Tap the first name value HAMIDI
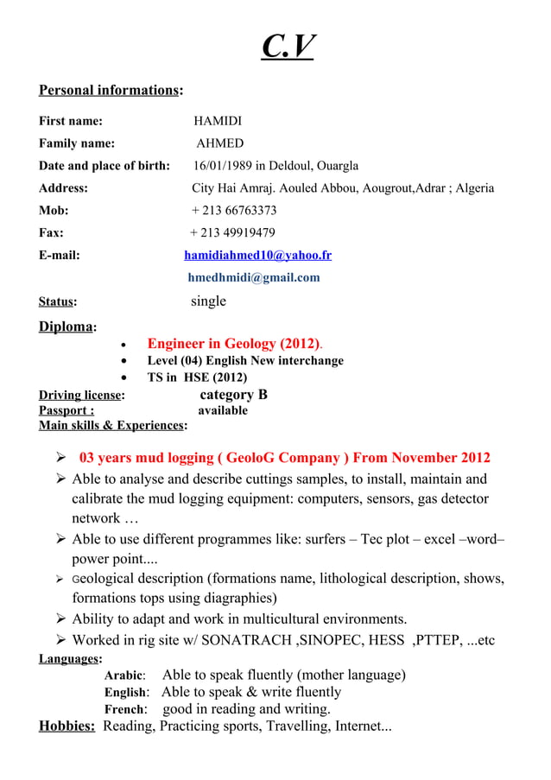click(x=218, y=121)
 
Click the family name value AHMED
click(x=219, y=143)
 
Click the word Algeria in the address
click(x=475, y=188)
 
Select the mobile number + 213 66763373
click(x=233, y=211)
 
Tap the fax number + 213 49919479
click(x=232, y=233)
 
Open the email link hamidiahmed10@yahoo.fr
click(x=257, y=256)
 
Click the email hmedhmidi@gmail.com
click(x=254, y=278)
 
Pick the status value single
click(x=208, y=301)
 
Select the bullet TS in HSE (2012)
click(x=197, y=377)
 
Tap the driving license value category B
click(x=233, y=395)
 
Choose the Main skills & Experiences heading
click(x=111, y=426)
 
